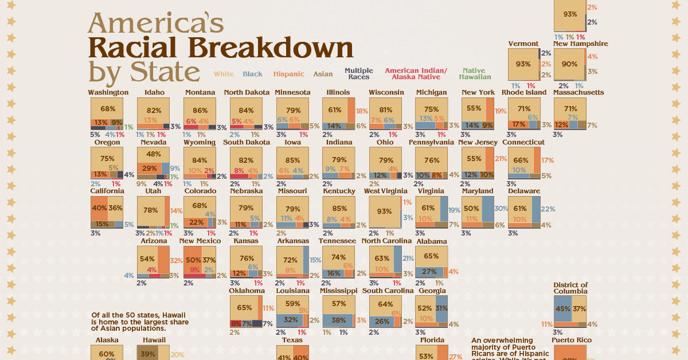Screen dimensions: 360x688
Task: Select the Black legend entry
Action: pyautogui.click(x=252, y=74)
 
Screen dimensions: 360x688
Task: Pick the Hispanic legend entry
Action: pyautogui.click(x=288, y=74)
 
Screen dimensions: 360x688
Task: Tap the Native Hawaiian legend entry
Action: pyautogui.click(x=475, y=74)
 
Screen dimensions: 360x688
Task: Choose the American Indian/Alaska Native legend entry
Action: pyautogui.click(x=417, y=74)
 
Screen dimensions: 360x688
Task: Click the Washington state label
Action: pyautogui.click(x=108, y=92)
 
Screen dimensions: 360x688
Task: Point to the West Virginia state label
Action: pyautogui.click(x=385, y=191)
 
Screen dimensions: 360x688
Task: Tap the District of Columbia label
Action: pyautogui.click(x=570, y=288)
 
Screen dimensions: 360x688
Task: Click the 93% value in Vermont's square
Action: pyautogui.click(x=523, y=64)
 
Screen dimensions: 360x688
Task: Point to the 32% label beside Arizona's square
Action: pyautogui.click(x=176, y=260)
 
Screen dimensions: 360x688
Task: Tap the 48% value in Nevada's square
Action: pyautogui.click(x=154, y=154)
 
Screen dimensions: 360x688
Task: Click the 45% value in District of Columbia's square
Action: pyautogui.click(x=562, y=309)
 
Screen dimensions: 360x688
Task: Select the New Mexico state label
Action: pyautogui.click(x=200, y=241)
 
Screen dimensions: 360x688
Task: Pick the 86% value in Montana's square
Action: pyautogui.click(x=200, y=109)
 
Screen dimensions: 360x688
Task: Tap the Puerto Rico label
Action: pyautogui.click(x=570, y=340)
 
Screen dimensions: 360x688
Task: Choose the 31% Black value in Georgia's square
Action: pyautogui.click(x=441, y=308)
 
